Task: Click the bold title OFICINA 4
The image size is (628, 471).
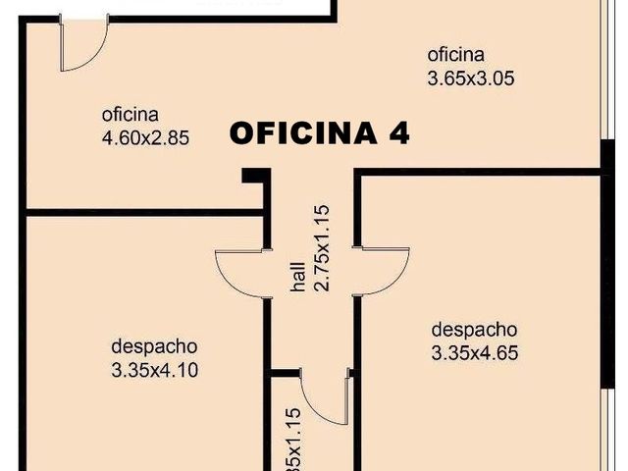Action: pyautogui.click(x=319, y=133)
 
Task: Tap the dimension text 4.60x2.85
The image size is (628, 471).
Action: pyautogui.click(x=145, y=137)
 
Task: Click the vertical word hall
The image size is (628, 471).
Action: pyautogui.click(x=297, y=276)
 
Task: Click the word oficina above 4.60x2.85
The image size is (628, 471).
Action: pyautogui.click(x=130, y=114)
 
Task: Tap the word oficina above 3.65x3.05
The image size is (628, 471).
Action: pyautogui.click(x=455, y=54)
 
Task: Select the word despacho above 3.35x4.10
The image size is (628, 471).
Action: pyautogui.click(x=155, y=346)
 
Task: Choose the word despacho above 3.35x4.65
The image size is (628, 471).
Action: pyautogui.click(x=474, y=330)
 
